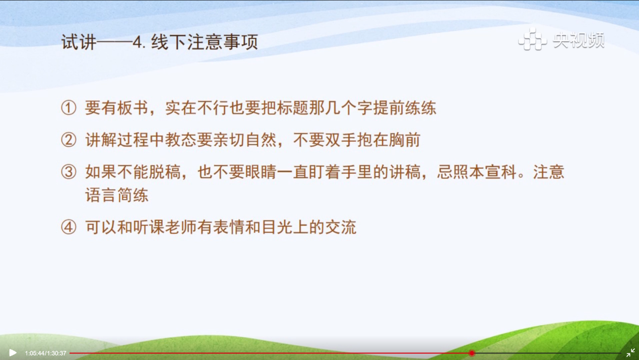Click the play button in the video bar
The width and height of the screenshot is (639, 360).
point(13,353)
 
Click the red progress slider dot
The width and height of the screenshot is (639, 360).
point(472,353)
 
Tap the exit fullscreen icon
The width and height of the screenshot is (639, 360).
point(630,353)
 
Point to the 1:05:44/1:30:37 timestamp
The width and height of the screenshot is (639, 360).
point(46,353)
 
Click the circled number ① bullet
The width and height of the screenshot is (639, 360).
point(69,108)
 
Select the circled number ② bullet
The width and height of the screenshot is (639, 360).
point(69,140)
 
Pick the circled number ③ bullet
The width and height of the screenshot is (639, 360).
point(69,172)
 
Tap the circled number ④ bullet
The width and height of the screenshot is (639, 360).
point(69,227)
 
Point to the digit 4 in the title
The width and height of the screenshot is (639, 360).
point(137,42)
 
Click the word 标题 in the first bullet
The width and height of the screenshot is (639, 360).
point(293,108)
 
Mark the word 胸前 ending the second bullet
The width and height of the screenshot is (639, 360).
point(405,140)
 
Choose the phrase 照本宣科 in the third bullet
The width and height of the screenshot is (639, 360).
point(485,172)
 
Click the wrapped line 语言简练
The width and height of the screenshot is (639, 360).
point(117,195)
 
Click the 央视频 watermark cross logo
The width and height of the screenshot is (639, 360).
point(532,39)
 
